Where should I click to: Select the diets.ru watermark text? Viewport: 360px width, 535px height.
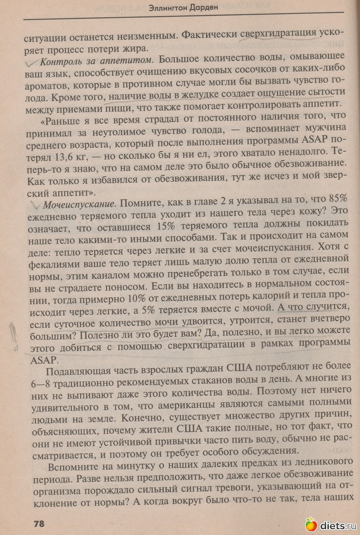tap(337, 525)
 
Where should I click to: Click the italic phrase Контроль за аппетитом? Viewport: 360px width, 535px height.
tap(97, 59)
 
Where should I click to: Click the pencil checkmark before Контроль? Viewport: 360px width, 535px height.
tap(30, 61)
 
